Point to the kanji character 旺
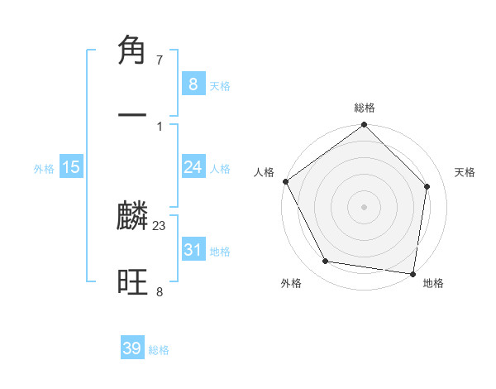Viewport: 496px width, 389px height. coord(133,282)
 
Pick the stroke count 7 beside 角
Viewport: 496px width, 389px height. coord(160,60)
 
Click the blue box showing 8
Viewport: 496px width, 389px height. coord(193,84)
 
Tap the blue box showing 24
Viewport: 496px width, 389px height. coord(193,167)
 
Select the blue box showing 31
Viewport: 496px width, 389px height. coord(193,249)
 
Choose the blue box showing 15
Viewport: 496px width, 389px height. coord(71,167)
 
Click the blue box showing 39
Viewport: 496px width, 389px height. coord(132,348)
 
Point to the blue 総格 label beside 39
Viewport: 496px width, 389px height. coord(159,350)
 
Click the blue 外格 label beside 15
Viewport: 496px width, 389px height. coord(44,168)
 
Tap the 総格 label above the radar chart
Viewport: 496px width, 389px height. coord(365,108)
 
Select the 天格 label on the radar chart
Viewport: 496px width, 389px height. coord(465,172)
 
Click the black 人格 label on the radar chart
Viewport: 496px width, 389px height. coord(264,172)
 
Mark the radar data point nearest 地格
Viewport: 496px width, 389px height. coord(413,273)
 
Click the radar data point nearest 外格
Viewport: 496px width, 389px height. coord(326,262)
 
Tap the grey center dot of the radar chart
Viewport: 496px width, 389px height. coord(365,206)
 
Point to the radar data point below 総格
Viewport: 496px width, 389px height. coord(365,126)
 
